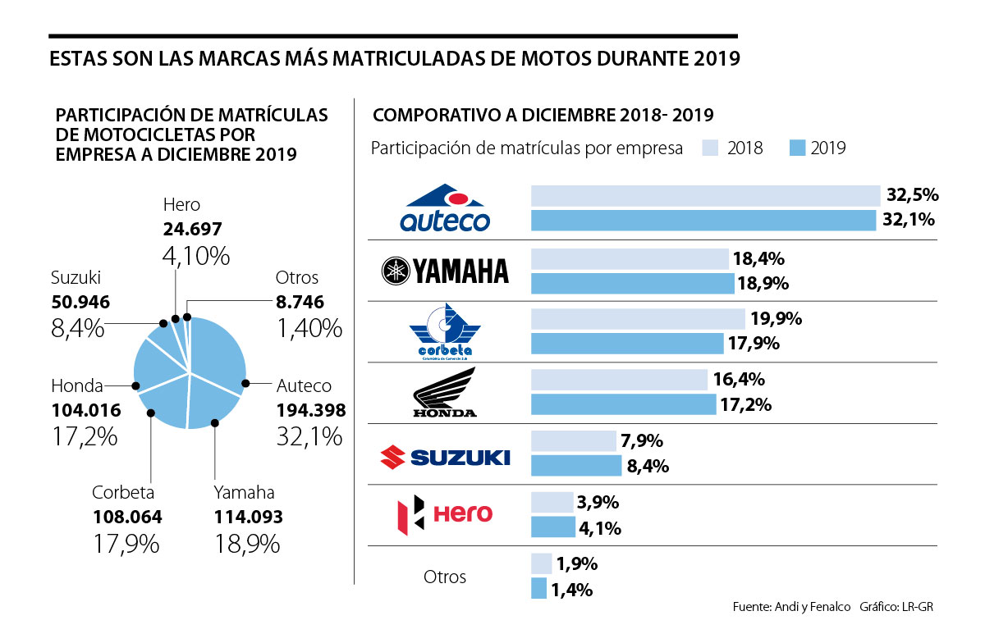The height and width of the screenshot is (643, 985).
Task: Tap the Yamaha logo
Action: [446, 270]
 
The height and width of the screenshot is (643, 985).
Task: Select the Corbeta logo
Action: [446, 331]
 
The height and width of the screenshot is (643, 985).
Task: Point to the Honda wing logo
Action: [446, 393]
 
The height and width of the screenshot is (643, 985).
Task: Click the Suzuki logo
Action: [444, 455]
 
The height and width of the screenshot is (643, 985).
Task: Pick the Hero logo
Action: [444, 515]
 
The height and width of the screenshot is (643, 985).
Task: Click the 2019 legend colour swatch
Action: [797, 148]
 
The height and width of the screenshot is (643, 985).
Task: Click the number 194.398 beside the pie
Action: [311, 410]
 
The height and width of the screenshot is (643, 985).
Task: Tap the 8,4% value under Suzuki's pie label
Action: [78, 329]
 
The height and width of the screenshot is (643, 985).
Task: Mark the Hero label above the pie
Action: [181, 205]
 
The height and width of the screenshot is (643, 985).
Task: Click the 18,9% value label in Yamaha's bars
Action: [764, 284]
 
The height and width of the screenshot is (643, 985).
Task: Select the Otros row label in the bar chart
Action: [445, 577]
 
